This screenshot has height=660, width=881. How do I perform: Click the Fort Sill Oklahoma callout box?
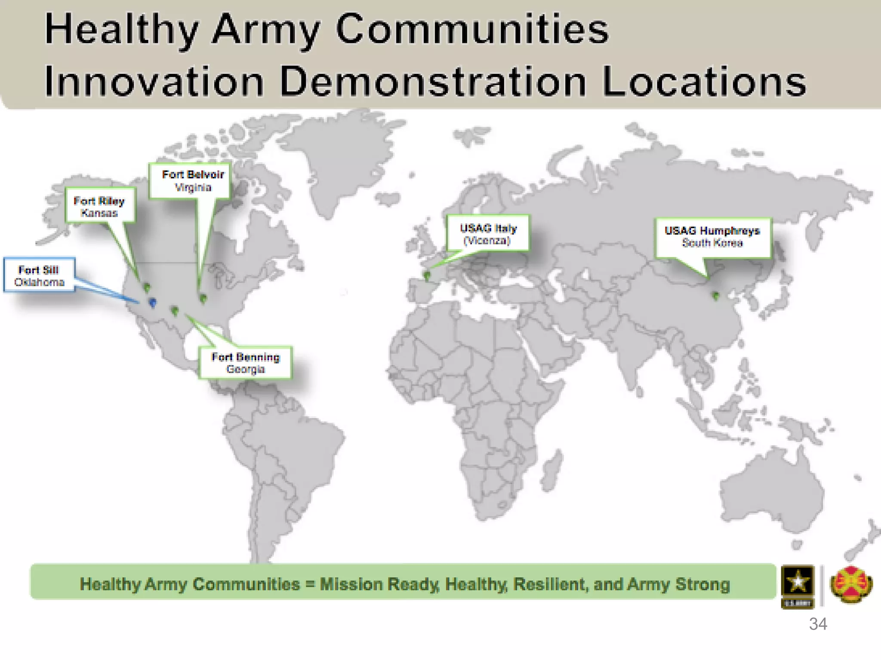tap(39, 275)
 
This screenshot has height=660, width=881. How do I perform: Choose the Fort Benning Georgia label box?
tap(245, 362)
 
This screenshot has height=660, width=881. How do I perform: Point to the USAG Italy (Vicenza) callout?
tap(488, 233)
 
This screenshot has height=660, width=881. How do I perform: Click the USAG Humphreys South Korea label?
tap(712, 237)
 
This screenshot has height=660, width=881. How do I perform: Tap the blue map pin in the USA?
tap(152, 302)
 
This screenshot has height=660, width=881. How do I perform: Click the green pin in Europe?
tap(427, 275)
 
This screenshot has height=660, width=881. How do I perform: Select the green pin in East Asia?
tap(716, 296)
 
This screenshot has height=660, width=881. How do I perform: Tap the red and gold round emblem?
tap(851, 584)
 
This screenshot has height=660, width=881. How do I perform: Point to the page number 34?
tap(818, 624)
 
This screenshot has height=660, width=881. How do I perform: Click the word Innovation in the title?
tap(154, 82)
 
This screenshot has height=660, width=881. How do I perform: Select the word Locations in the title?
tap(704, 82)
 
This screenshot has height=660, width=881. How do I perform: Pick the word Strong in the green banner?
tap(702, 584)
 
